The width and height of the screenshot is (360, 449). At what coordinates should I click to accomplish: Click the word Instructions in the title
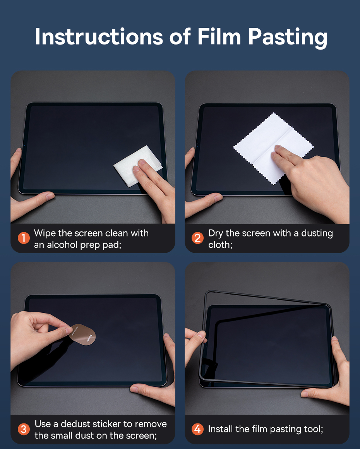(x=99, y=36)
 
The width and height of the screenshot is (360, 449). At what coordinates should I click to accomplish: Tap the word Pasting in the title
(x=288, y=38)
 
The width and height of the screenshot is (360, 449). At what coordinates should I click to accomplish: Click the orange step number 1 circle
(x=24, y=238)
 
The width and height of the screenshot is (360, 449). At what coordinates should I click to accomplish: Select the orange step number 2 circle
(x=198, y=238)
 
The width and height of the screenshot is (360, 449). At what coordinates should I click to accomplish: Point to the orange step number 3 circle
(x=24, y=429)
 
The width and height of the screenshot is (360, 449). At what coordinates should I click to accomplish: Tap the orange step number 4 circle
(x=198, y=429)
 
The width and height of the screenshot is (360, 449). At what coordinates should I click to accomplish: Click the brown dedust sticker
(x=82, y=335)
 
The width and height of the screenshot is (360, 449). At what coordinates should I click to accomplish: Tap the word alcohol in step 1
(x=62, y=245)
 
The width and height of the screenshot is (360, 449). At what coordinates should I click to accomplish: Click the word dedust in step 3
(x=75, y=424)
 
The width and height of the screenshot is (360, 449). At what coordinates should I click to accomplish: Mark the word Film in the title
(x=219, y=36)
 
